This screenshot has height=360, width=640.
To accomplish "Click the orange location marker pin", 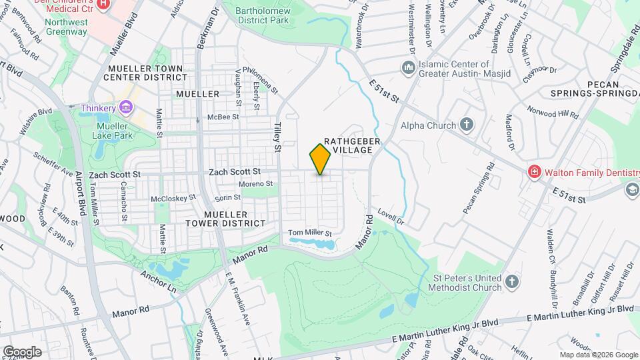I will click(x=320, y=159).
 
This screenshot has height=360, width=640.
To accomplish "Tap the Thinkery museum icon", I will click(x=125, y=107).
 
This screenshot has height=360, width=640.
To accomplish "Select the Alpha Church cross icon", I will click(x=467, y=125).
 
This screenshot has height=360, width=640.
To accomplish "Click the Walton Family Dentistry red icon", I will click(x=533, y=173).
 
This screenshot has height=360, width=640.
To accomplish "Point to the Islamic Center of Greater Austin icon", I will click(x=407, y=68).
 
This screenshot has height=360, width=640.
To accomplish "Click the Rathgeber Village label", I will click(x=347, y=145).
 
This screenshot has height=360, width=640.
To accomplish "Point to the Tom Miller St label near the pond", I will click(x=309, y=233).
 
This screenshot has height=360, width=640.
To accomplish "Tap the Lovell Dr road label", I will click(x=390, y=216).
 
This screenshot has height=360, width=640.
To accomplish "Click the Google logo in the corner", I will click(x=22, y=351).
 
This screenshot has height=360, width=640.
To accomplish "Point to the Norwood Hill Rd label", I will click(x=553, y=111).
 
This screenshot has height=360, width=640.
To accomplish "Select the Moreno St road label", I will click(x=257, y=183).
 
